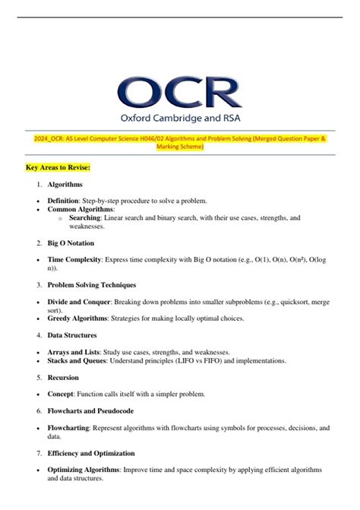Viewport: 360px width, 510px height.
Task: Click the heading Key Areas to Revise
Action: point(58,166)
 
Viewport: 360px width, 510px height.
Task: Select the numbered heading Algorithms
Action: point(65,184)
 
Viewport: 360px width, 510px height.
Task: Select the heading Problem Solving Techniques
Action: point(91,284)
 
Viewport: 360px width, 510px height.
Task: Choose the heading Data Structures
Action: point(71,334)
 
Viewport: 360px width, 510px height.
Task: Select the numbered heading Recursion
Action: point(63,376)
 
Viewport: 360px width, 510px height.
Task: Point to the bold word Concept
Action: point(62,394)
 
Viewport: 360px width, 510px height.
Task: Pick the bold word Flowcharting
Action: point(68,428)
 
